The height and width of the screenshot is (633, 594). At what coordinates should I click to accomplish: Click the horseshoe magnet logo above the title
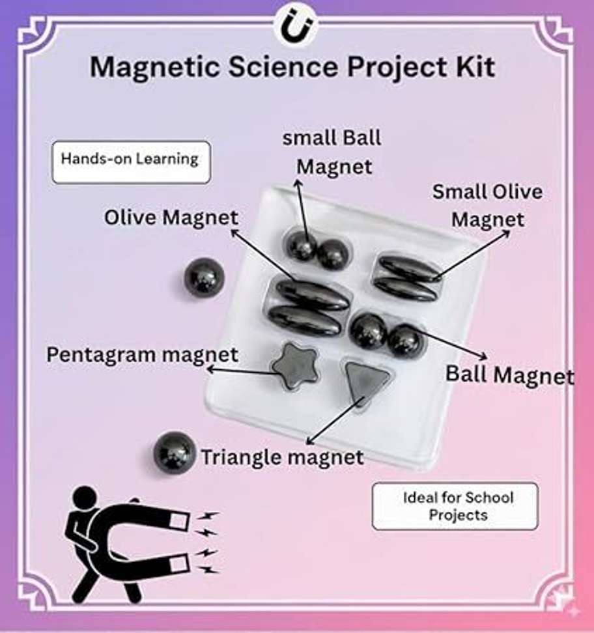(297, 27)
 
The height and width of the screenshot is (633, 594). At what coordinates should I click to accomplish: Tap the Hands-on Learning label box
(131, 162)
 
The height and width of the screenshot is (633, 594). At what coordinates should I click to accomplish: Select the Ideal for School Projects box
(455, 506)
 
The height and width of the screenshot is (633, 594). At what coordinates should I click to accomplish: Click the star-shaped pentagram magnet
(294, 366)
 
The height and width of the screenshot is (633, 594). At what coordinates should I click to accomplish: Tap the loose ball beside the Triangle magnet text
(175, 452)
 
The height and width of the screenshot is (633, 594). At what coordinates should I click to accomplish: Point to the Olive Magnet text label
(171, 218)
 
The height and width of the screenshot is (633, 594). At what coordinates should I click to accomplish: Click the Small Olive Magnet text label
(487, 206)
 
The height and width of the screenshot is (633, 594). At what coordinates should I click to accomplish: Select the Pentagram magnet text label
(143, 355)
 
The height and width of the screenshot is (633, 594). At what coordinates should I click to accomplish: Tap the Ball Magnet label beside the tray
(509, 375)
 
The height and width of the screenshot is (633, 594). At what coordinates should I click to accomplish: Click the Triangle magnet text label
(282, 457)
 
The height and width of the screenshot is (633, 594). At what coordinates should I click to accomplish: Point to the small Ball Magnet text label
(332, 152)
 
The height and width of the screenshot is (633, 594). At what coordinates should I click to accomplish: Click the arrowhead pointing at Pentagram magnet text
(210, 369)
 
